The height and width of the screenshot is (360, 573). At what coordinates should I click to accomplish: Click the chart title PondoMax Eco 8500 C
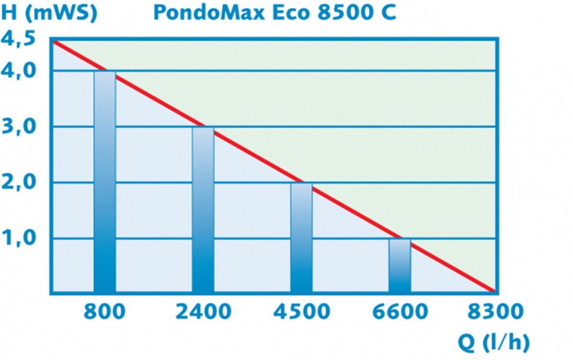point(275,12)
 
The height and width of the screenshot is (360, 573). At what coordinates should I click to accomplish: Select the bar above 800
point(104,182)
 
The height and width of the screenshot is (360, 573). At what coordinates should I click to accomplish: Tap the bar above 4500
point(301,237)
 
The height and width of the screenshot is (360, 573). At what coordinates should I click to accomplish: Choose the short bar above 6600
point(400,266)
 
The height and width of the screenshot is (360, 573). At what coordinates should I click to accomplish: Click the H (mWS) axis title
point(49,12)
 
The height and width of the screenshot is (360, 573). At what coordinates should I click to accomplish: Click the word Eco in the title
point(287,12)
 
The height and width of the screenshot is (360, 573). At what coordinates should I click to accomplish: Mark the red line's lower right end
point(493,291)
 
